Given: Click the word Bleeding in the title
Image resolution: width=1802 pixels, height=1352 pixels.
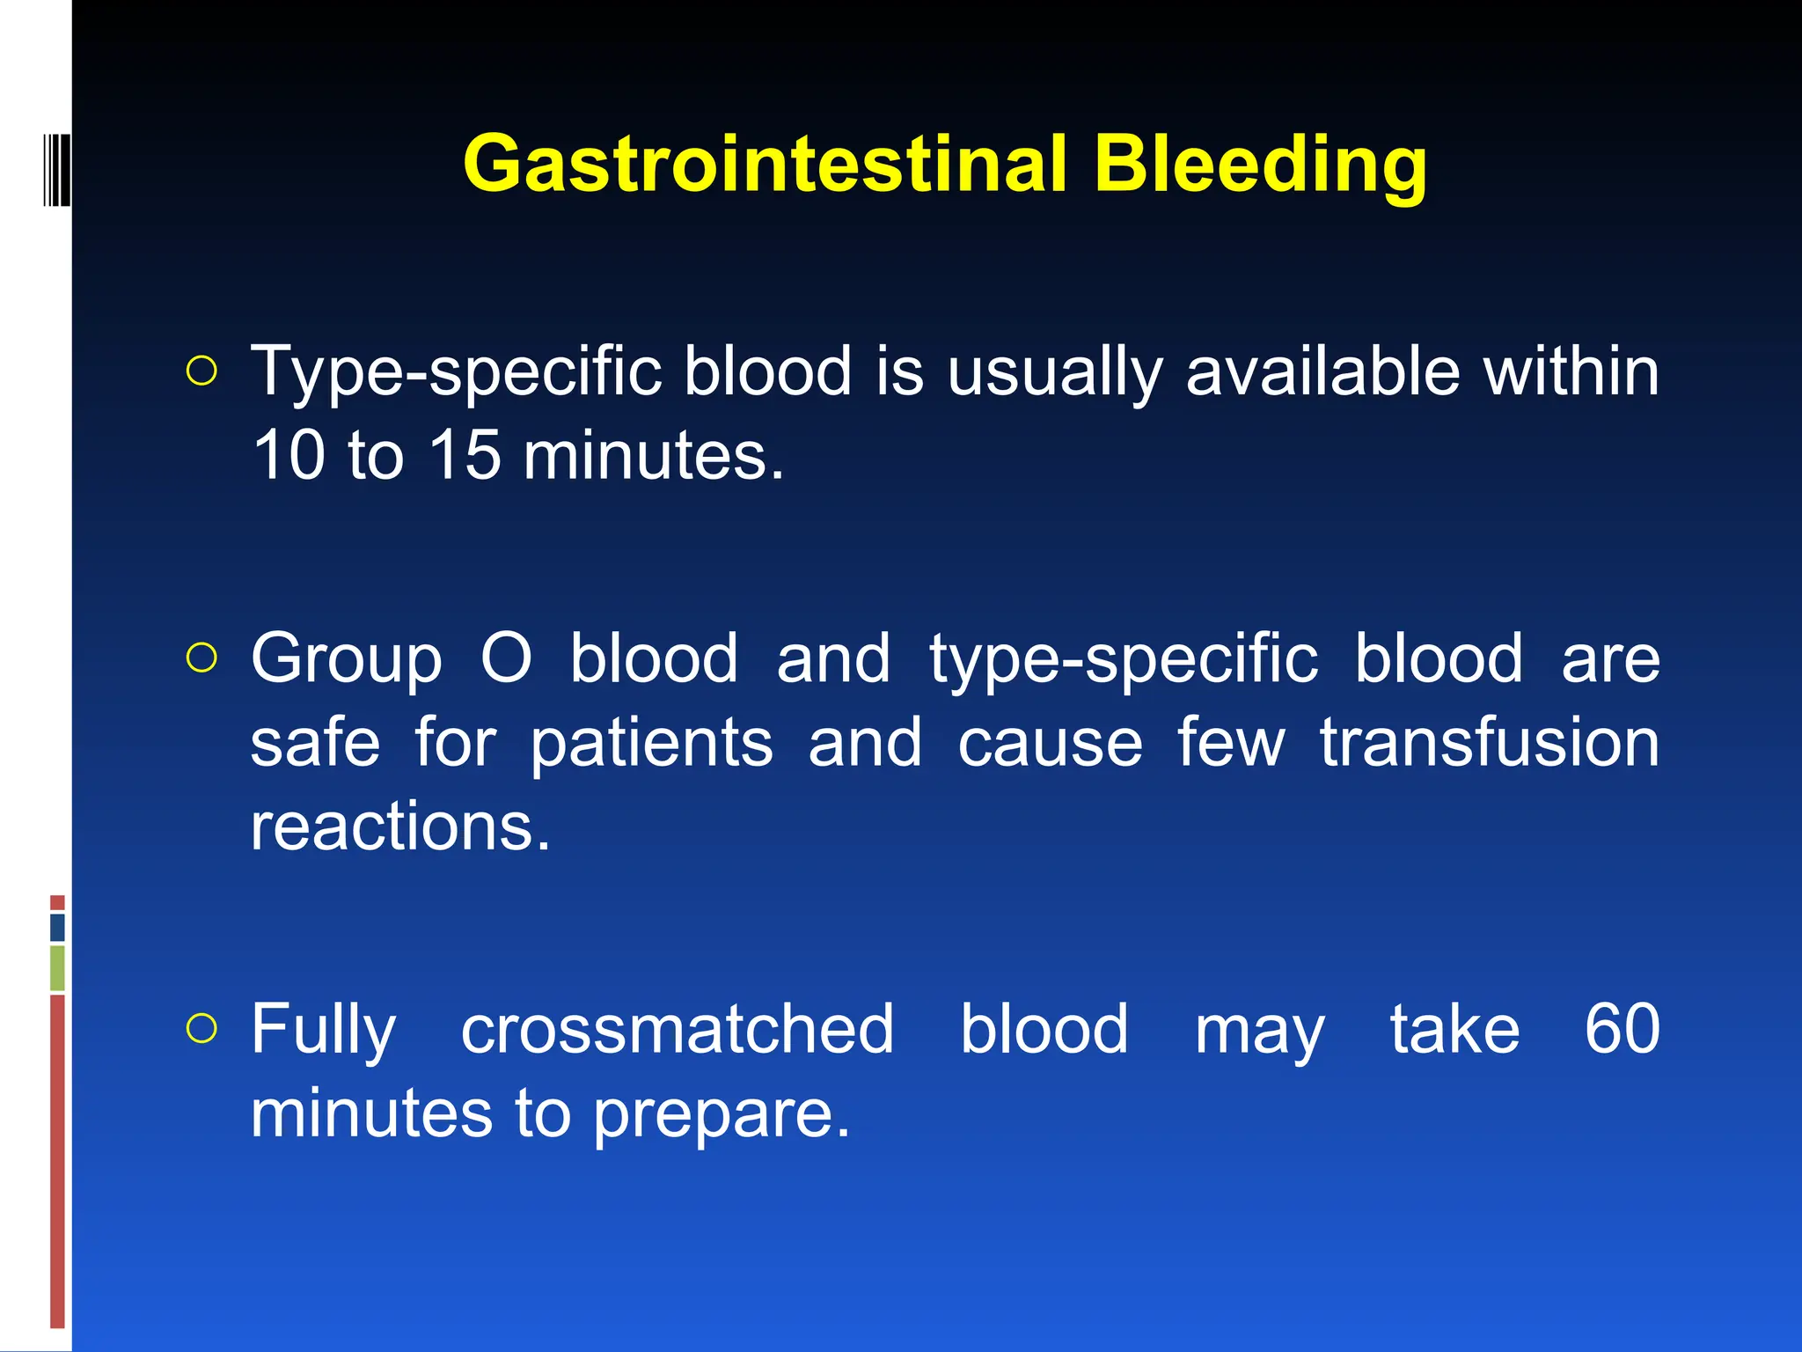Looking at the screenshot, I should [x=1260, y=164].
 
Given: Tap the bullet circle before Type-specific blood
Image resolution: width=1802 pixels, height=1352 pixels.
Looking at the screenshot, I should [x=201, y=371].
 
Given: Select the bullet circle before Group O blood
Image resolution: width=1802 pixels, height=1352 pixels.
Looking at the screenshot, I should [x=201, y=658].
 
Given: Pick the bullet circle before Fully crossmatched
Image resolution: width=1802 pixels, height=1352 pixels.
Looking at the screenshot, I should [x=201, y=1028].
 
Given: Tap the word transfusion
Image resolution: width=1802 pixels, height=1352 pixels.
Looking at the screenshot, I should [x=1489, y=742].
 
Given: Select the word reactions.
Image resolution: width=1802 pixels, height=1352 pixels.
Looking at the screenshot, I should [x=400, y=827].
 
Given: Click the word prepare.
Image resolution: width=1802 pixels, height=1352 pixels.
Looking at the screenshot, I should [x=722, y=1114].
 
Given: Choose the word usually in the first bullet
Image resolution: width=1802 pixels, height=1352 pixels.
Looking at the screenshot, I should [x=1054, y=371].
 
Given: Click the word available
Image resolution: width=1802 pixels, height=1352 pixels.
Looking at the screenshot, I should [x=1322, y=371].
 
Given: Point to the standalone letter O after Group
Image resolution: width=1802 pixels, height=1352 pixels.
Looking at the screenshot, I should [x=506, y=658].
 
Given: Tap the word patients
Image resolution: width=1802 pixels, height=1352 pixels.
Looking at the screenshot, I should [x=651, y=742].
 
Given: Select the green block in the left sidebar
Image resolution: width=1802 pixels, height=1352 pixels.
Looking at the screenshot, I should [x=57, y=967].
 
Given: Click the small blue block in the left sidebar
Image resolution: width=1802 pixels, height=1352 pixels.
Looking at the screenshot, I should [x=57, y=927].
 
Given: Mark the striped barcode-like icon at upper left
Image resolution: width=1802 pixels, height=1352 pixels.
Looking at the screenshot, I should [x=56, y=169].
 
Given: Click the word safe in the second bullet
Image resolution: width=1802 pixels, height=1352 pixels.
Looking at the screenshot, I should [x=315, y=742].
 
